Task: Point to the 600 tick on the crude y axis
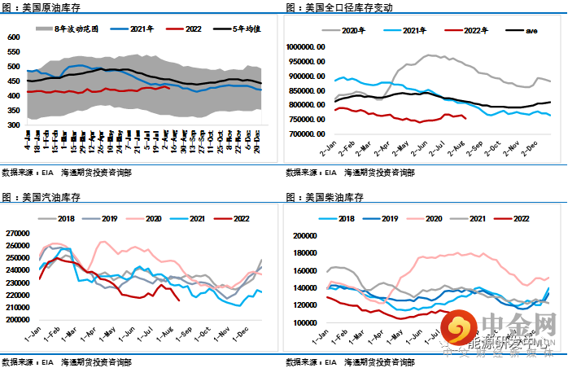13,37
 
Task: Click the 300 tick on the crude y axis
13,125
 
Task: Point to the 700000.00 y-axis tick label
308,134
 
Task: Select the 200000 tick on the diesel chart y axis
305,236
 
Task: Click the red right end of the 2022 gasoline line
179,300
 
